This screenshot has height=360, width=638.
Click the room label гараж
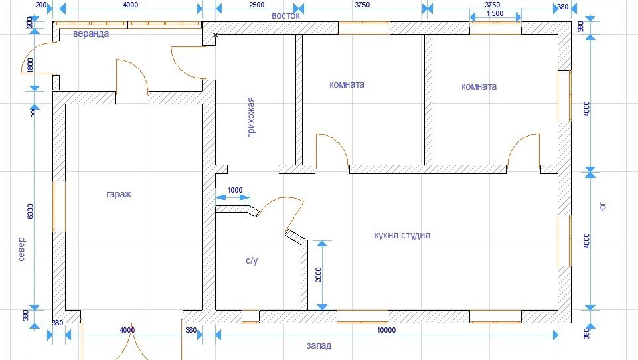[x=119, y=195]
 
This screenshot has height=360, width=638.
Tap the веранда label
[x=91, y=33]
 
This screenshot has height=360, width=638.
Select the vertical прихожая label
[x=251, y=118]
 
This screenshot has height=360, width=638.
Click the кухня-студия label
[x=402, y=235]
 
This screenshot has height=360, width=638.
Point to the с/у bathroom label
[x=252, y=260]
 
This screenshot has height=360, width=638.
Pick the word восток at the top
[x=285, y=16]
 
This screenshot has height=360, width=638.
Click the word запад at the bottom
[x=319, y=346]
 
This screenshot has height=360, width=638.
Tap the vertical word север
[x=21, y=249]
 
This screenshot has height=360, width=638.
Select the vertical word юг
[x=603, y=207]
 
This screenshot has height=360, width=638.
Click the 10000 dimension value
[x=386, y=330]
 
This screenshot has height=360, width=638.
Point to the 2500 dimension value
[x=256, y=5]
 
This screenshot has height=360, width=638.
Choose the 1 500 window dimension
[x=495, y=13]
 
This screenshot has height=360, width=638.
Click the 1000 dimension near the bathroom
[x=235, y=190]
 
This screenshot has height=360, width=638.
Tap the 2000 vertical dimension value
[x=318, y=275]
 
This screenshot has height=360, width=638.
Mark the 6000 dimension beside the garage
[x=31, y=211]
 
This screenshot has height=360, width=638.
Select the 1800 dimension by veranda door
[x=31, y=66]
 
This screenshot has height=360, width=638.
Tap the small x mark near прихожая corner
[x=215, y=35]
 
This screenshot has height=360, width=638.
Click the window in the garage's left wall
[x=59, y=207]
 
